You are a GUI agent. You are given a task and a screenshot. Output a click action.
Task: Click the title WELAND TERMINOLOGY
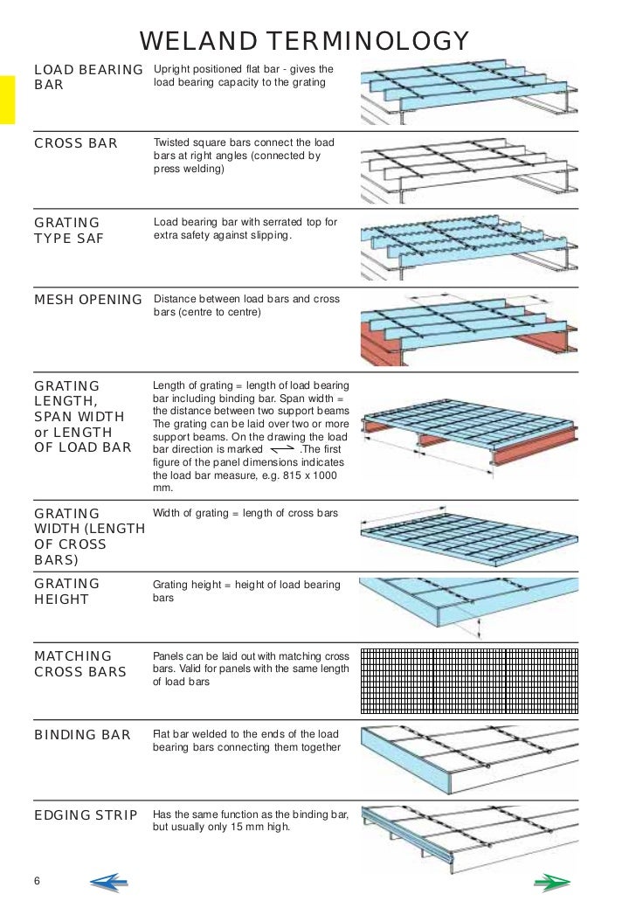[x=305, y=41]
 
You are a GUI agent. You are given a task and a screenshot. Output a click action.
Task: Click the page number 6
[x=38, y=879]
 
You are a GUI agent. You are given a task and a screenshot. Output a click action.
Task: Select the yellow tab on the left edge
[x=8, y=100]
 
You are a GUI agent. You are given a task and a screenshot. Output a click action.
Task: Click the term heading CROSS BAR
[x=75, y=143]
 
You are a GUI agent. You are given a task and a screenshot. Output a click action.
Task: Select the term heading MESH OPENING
[x=87, y=301]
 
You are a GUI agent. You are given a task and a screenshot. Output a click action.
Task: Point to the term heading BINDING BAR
[x=82, y=735]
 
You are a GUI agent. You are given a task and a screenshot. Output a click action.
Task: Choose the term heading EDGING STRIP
[x=86, y=816]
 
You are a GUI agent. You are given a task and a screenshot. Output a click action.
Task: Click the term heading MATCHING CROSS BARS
[x=79, y=664]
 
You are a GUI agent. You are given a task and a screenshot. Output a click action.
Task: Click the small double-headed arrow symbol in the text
[x=277, y=451]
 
